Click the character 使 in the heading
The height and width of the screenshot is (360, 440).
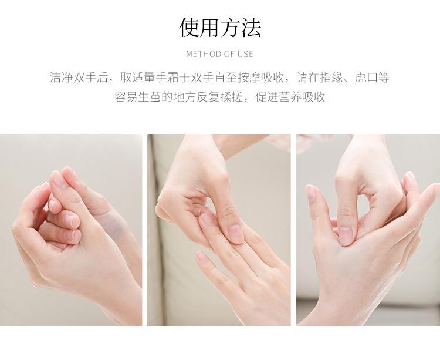(x=189, y=28)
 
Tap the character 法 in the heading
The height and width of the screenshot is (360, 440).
(x=251, y=28)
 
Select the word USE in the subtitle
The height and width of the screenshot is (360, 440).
(x=245, y=54)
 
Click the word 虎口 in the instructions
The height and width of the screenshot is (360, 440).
(x=367, y=77)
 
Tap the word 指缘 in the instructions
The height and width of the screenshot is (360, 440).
(x=331, y=77)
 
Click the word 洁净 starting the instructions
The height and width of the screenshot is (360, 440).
(x=62, y=77)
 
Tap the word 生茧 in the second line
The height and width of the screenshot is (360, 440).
(x=149, y=97)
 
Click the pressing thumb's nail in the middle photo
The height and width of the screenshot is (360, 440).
(x=235, y=233)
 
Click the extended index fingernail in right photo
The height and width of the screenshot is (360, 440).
(x=311, y=193)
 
